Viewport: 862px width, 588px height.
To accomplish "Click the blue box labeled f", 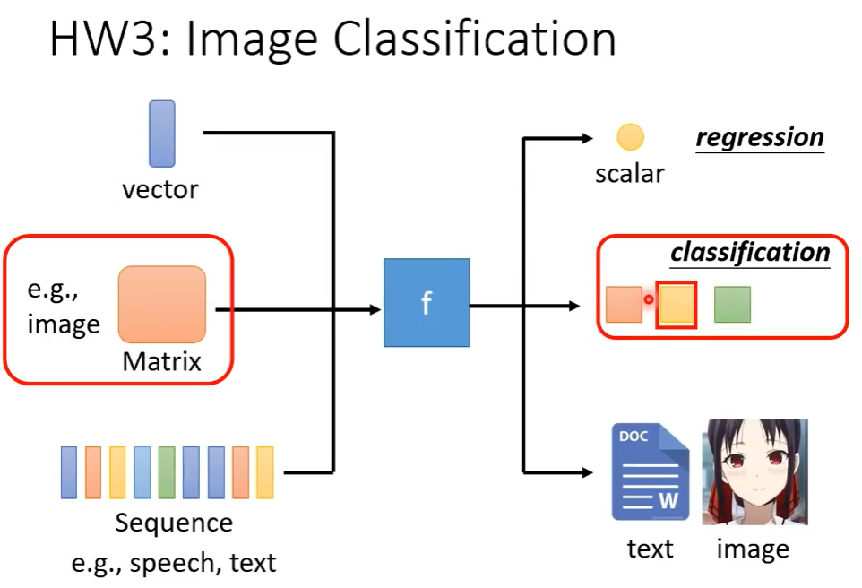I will click(427, 303).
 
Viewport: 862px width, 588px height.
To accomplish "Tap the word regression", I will click(760, 137).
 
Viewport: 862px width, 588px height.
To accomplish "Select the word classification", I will click(750, 252).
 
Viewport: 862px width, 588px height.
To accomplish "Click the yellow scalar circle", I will click(630, 137).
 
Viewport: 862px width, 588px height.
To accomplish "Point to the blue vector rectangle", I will click(162, 134).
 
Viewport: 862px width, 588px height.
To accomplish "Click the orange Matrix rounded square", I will click(162, 304).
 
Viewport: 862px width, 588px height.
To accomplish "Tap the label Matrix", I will click(162, 362).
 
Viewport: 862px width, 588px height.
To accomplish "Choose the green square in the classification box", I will click(732, 305).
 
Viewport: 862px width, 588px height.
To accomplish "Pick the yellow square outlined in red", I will click(677, 306).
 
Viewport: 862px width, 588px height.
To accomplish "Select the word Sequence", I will click(174, 523).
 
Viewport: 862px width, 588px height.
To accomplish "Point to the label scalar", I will click(630, 173).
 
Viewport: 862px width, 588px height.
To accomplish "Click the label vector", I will click(160, 189).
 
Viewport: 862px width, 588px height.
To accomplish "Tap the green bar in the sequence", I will click(167, 472).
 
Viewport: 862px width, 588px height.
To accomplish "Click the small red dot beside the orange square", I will click(649, 299).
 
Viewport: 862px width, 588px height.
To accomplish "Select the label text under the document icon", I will click(650, 548).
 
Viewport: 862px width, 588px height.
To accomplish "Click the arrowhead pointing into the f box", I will click(374, 310).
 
